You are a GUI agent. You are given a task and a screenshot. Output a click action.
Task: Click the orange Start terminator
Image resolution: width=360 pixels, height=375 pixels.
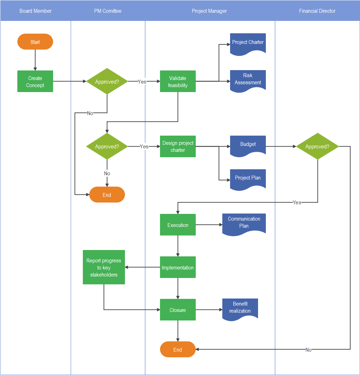point(35,42)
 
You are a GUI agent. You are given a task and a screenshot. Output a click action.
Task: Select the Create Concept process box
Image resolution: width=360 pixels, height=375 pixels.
point(35,81)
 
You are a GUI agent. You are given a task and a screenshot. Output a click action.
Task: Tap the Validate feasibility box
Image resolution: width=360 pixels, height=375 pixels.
point(178,81)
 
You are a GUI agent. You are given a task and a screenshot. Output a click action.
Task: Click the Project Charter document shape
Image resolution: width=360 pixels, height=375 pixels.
point(248,44)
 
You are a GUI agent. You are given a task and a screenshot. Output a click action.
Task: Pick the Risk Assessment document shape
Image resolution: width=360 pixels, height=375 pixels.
point(248,80)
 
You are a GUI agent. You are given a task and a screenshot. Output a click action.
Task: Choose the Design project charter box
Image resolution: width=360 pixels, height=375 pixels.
point(178,146)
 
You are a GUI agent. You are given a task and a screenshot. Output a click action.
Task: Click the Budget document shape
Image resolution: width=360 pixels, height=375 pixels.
point(248,146)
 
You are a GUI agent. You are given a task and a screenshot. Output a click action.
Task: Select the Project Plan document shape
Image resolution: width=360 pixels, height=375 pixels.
point(248,178)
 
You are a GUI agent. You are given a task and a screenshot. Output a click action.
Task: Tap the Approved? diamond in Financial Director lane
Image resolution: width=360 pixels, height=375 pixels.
point(317,146)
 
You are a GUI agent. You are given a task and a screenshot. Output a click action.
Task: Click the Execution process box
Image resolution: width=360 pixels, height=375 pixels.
point(178,225)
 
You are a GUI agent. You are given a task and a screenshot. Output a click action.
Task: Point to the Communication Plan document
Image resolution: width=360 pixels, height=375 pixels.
point(244,223)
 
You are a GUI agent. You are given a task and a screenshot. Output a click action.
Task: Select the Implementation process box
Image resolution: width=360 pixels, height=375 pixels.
point(178,267)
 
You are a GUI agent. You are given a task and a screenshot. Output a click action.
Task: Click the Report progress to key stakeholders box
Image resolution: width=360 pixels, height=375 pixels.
point(104,267)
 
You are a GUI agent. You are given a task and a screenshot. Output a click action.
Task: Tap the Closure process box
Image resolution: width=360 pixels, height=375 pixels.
point(178,310)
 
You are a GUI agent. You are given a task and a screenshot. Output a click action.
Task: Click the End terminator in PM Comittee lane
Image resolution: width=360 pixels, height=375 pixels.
point(107,195)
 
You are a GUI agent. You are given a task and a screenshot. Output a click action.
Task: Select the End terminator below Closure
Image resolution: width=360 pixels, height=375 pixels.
point(178,350)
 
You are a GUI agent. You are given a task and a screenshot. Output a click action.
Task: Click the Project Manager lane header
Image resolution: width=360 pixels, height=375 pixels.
point(210,11)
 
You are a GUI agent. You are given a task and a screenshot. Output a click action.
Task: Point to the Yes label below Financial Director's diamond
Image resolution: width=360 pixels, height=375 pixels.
point(297,203)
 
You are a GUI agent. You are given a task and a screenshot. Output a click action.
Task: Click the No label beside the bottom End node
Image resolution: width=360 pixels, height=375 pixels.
point(308,350)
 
